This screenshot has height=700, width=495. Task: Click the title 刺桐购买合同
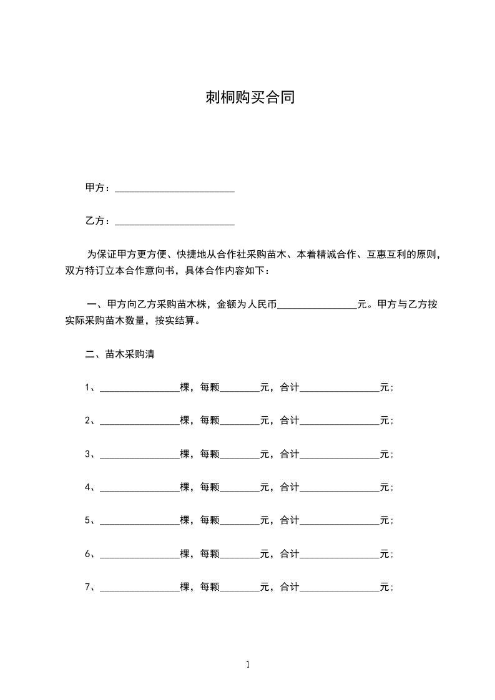pyautogui.click(x=250, y=98)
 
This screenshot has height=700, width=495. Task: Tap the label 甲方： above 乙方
pyautogui.click(x=99, y=188)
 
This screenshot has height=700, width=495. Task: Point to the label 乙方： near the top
pyautogui.click(x=99, y=221)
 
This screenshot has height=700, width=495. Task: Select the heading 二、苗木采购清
pyautogui.click(x=120, y=354)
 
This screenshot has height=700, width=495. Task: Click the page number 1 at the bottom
pyautogui.click(x=248, y=664)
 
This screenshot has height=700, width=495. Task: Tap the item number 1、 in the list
pyautogui.click(x=90, y=387)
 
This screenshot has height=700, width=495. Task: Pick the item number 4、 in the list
pyautogui.click(x=90, y=487)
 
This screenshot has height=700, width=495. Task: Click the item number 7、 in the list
pyautogui.click(x=90, y=586)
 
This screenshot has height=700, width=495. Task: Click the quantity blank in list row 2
pyautogui.click(x=140, y=422)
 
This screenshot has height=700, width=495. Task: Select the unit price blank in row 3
pyautogui.click(x=240, y=455)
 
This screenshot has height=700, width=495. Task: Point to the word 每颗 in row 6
pyautogui.click(x=210, y=553)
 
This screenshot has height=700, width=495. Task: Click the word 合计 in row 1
pyautogui.click(x=290, y=387)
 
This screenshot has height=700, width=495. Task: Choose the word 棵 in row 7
pyautogui.click(x=185, y=586)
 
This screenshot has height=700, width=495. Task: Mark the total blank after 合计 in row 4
pyautogui.click(x=340, y=488)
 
